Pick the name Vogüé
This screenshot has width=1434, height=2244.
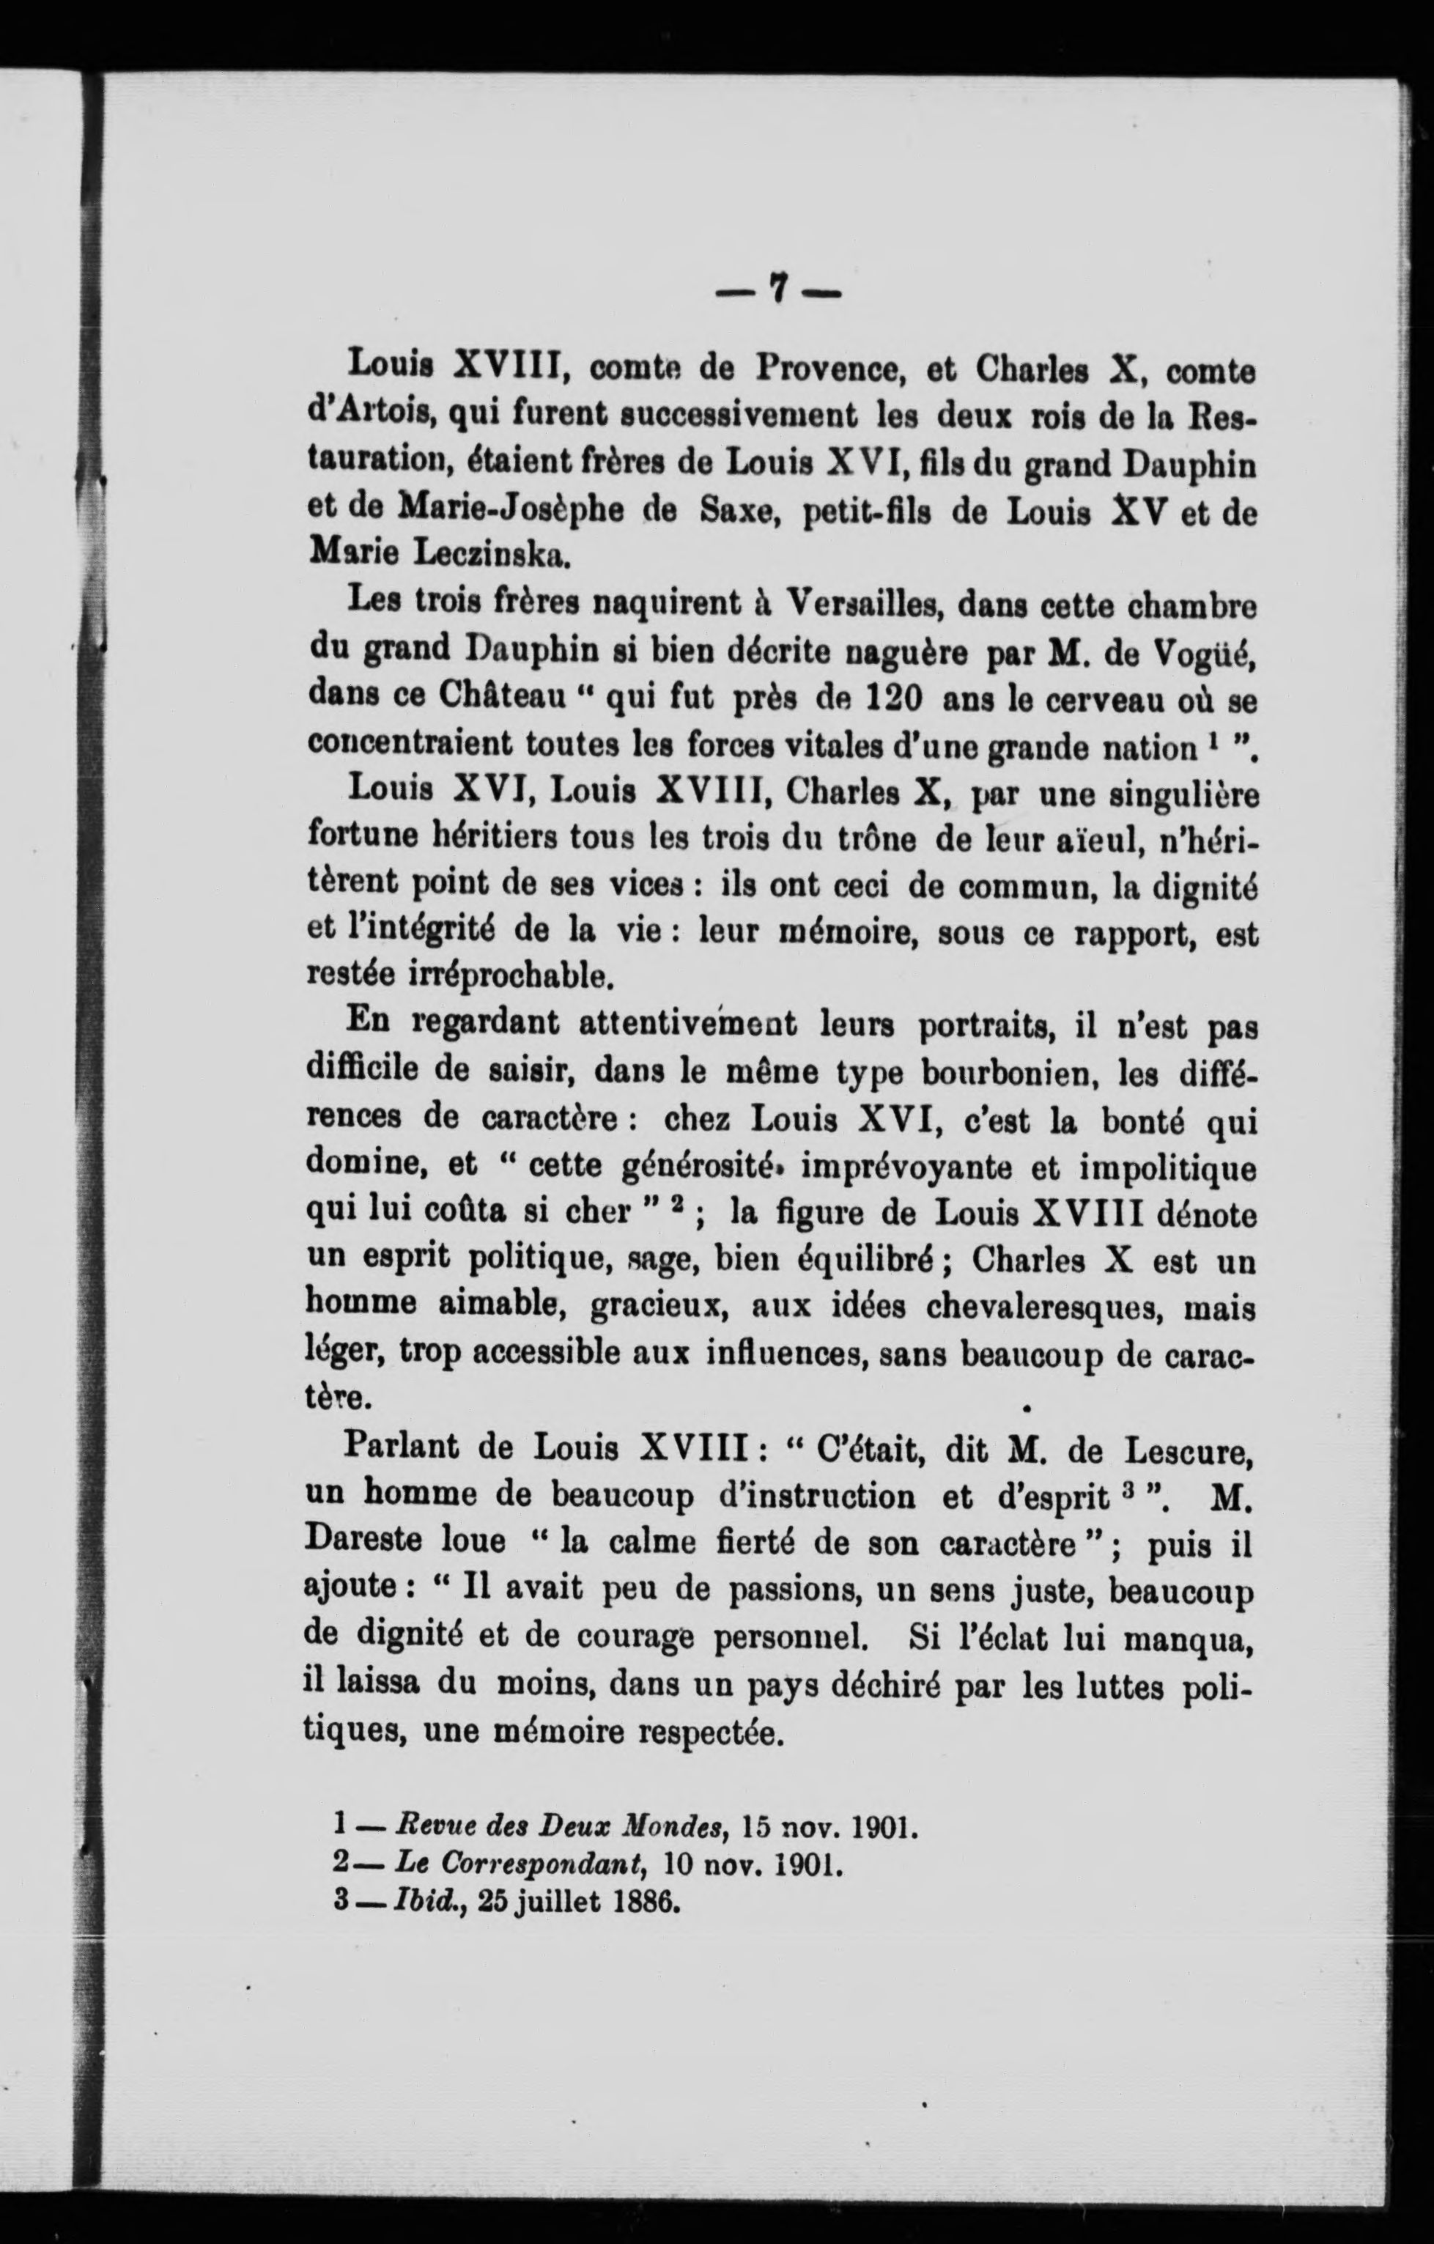[x=1205, y=652]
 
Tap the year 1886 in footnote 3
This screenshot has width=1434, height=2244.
[x=644, y=1900]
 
